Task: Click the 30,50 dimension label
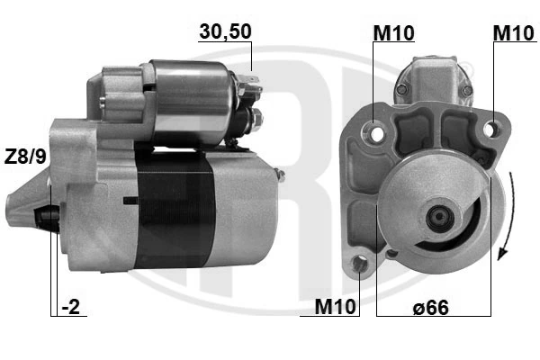(x=225, y=31)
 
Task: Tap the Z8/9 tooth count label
(x=25, y=157)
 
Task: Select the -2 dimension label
(x=70, y=306)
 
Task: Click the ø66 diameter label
(x=431, y=307)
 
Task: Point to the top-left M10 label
(x=393, y=33)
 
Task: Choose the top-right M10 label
(x=514, y=33)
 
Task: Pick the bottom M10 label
(x=335, y=306)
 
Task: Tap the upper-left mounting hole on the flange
(x=377, y=134)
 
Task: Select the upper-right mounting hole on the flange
(x=490, y=129)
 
